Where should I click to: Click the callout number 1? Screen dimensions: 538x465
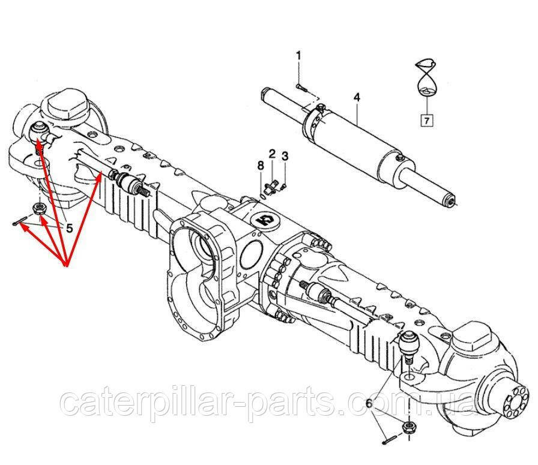click(x=298, y=56)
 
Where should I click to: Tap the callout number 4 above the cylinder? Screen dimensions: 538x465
click(x=357, y=97)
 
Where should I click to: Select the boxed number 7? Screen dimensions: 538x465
click(x=426, y=121)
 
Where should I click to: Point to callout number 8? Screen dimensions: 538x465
click(x=261, y=166)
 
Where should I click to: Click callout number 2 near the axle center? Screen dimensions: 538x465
click(x=272, y=154)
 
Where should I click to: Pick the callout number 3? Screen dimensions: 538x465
click(x=285, y=157)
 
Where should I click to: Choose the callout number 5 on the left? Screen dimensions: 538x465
click(x=69, y=227)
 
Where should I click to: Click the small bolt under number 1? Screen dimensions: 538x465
click(x=300, y=88)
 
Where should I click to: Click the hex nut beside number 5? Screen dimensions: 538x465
click(x=37, y=208)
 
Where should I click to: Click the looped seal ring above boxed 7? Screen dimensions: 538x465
click(x=426, y=78)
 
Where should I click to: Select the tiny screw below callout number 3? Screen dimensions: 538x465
click(x=284, y=186)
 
